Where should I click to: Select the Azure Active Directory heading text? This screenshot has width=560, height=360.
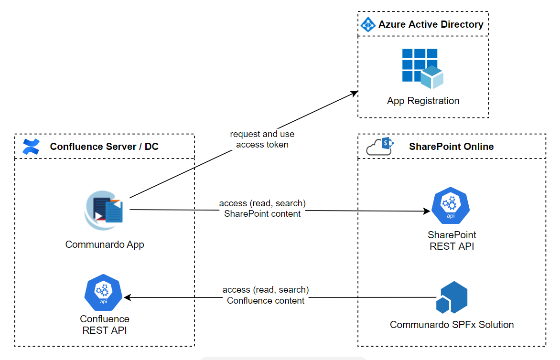(431, 24)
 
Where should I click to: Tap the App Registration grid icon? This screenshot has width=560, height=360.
(422, 68)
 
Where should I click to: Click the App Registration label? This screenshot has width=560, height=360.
(423, 101)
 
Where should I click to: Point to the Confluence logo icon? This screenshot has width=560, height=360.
(31, 147)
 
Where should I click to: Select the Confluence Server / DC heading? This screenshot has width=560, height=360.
(104, 147)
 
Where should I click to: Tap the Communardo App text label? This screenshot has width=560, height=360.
(105, 244)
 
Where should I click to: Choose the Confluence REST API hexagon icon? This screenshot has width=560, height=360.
(103, 293)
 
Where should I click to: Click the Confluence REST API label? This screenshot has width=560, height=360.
(105, 324)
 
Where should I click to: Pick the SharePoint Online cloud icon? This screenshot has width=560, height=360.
(379, 147)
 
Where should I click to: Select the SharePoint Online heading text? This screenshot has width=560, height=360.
(451, 147)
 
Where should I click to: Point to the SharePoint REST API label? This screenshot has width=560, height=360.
(452, 241)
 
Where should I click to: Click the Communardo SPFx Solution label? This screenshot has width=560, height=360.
(452, 325)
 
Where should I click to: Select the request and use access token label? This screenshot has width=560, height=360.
(262, 139)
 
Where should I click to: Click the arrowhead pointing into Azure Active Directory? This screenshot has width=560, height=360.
(355, 92)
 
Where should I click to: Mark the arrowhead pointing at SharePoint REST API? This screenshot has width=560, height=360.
(427, 211)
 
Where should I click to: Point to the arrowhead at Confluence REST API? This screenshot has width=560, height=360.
(128, 297)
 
